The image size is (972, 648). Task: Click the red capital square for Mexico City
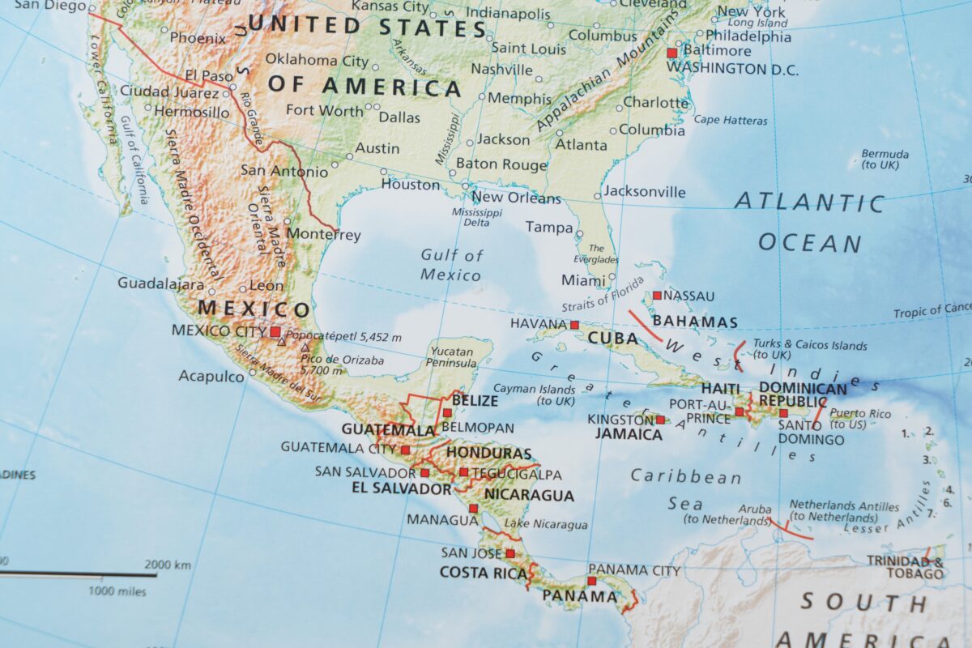275,331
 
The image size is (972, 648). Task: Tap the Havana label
537,324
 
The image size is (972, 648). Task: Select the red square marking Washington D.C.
671,53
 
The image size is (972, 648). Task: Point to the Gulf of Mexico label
451,265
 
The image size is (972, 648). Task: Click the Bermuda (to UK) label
884,159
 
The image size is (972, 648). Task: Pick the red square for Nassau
657,296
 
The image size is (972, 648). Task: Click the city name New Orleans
515,198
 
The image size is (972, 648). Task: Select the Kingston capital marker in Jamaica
660,420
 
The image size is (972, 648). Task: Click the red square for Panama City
591,581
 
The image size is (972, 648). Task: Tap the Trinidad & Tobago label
905,567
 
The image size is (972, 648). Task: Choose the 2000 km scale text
168,565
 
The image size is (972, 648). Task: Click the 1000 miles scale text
117,591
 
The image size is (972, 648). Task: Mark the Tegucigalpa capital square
463,472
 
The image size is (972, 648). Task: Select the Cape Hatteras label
730,121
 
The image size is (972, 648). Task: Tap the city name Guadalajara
160,283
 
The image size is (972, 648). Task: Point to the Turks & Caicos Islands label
809,350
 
